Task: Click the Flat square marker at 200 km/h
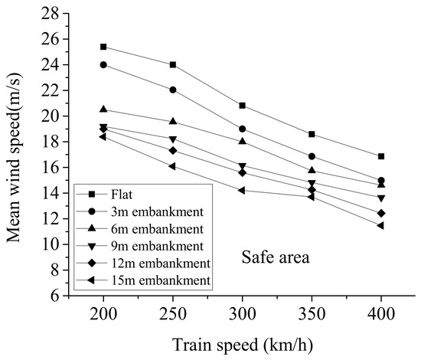(x=103, y=47)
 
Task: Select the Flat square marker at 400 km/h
(x=381, y=156)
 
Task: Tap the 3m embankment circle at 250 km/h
(x=173, y=90)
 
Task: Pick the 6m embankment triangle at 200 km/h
(x=103, y=109)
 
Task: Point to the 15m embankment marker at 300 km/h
(x=242, y=191)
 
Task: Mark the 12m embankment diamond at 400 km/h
(x=381, y=213)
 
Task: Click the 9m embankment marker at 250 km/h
(x=173, y=139)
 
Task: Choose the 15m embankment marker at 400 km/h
(x=380, y=226)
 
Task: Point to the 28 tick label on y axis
(x=50, y=14)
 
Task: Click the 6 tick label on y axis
(x=54, y=296)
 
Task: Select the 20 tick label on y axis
(x=50, y=116)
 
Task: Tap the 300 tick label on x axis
(x=243, y=314)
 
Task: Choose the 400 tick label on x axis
(x=381, y=314)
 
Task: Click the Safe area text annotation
(x=276, y=257)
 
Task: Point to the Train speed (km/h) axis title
(x=243, y=345)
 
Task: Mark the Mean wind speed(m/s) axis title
(x=14, y=158)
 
